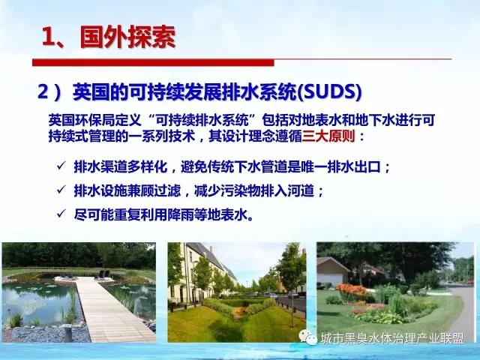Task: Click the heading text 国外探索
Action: coord(127,37)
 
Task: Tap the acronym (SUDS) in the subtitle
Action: coord(330,91)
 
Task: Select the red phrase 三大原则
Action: coord(328,136)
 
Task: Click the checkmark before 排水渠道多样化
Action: coord(61,166)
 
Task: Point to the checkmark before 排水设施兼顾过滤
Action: coord(61,190)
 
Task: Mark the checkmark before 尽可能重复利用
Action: coord(61,214)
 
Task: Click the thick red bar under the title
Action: coord(153,62)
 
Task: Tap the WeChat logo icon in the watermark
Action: coord(307,337)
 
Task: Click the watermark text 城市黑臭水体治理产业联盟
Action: coord(392,338)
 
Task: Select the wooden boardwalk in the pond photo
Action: coord(110,309)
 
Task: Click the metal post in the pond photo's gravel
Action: coord(68,333)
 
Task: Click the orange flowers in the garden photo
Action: coord(352,290)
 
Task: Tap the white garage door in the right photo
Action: coord(330,279)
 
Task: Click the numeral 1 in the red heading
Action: coord(48,37)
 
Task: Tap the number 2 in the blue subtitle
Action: coord(43,91)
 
